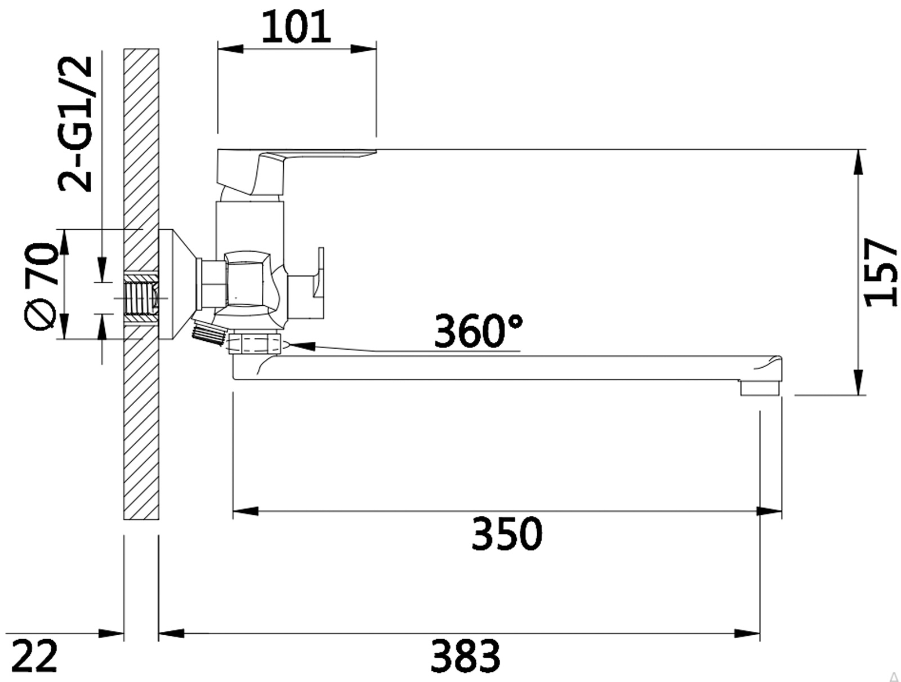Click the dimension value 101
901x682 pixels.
[x=296, y=27]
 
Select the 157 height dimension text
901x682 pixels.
[x=880, y=273]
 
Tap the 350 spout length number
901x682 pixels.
[x=506, y=533]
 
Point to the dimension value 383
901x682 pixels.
[x=465, y=656]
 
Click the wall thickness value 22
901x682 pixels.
[x=34, y=656]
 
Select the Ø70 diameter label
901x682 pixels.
[x=41, y=287]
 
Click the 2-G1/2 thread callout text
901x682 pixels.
[x=75, y=123]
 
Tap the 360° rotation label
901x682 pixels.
[x=478, y=331]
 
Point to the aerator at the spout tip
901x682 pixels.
[x=760, y=388]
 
